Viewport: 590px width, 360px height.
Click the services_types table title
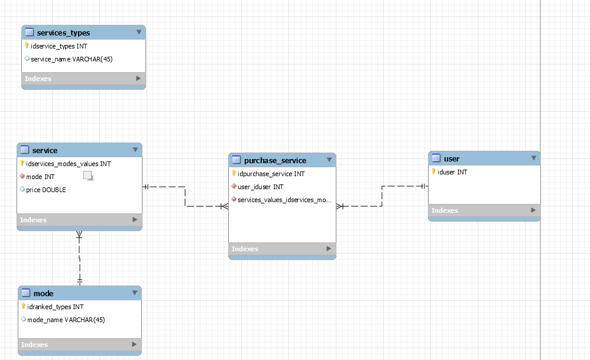point(63,33)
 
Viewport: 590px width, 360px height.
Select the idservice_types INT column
point(59,46)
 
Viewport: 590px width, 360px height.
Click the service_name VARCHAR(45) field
point(72,59)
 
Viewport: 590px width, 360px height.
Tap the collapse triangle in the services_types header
point(139,33)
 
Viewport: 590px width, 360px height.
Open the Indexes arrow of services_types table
point(138,78)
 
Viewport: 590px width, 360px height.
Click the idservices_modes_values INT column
point(68,164)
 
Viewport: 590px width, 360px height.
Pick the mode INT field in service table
point(40,177)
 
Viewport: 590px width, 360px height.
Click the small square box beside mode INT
point(87,176)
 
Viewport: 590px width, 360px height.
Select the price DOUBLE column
point(46,190)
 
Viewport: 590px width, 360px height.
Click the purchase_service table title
point(275,160)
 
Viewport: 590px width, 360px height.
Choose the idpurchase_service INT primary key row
point(271,174)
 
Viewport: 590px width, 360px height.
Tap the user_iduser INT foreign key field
point(260,187)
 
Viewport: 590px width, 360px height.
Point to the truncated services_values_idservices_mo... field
point(284,200)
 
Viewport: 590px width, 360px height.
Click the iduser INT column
point(452,172)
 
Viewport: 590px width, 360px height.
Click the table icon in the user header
point(436,158)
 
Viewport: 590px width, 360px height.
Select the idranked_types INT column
point(56,307)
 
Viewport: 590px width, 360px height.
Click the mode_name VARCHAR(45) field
point(66,320)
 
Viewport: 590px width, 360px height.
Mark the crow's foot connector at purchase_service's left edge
point(224,206)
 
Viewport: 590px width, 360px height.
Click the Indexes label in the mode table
point(35,345)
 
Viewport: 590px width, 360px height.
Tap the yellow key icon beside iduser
point(433,171)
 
